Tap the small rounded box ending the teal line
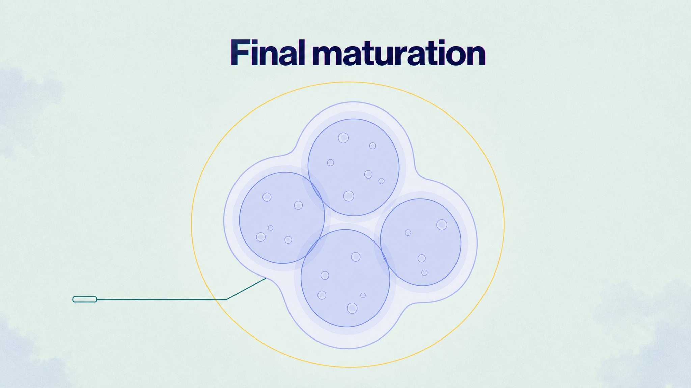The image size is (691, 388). click(85, 299)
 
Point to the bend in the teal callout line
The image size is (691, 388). click(226, 299)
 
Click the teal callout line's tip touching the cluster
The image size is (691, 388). click(266, 278)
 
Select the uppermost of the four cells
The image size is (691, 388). click(354, 167)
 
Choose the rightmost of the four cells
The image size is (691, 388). click(420, 242)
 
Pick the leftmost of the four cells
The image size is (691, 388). click(282, 218)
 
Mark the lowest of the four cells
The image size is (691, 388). click(345, 278)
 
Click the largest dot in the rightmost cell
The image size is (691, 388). click(442, 225)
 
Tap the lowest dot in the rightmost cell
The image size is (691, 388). click(424, 273)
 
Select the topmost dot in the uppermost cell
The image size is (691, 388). click(343, 138)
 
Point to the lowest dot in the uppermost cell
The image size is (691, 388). click(349, 196)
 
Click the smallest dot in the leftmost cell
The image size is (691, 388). click(271, 228)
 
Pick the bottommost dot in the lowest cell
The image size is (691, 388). click(352, 308)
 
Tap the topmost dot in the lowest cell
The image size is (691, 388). click(356, 257)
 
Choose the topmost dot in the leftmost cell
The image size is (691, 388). click(267, 197)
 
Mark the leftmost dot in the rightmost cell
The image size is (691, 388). click(408, 233)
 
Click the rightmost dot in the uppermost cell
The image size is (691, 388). click(381, 181)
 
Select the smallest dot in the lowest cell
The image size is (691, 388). click(363, 295)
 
